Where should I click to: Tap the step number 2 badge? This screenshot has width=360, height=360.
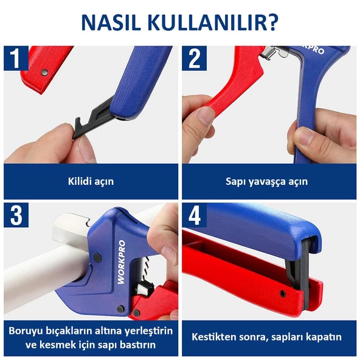[x=195, y=58]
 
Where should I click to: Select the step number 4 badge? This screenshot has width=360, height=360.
[x=195, y=215]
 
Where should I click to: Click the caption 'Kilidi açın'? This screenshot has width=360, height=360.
[x=90, y=181]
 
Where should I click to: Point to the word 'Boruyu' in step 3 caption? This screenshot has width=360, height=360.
[x=26, y=331]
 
